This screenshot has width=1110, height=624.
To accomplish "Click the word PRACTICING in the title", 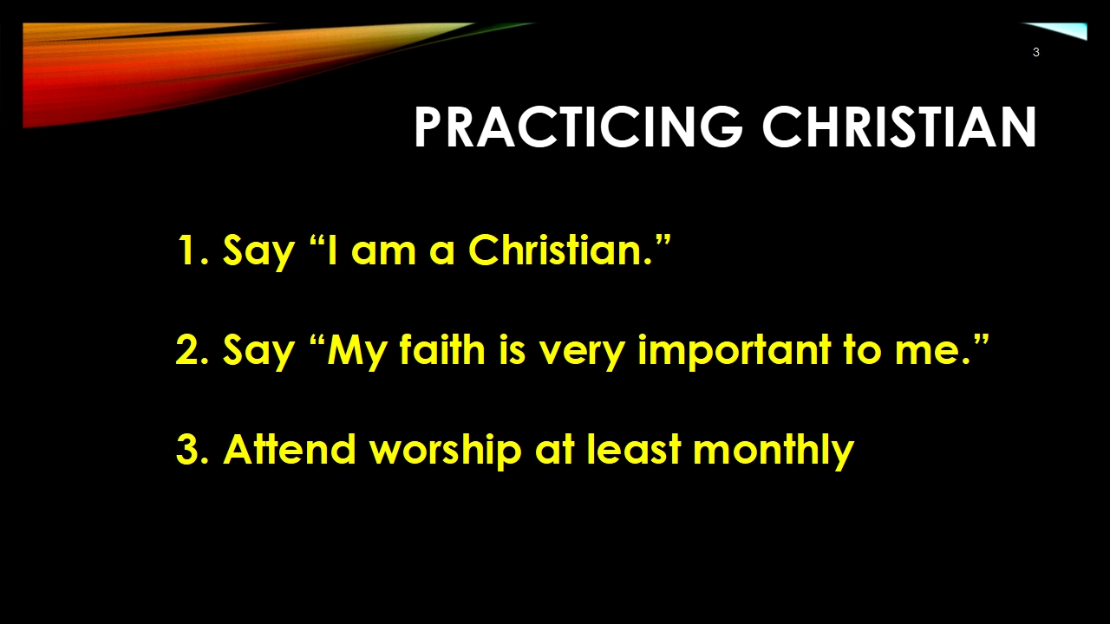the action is [x=578, y=127].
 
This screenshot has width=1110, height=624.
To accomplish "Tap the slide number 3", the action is [x=1035, y=52].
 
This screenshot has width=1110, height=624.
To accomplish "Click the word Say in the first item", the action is [x=258, y=252].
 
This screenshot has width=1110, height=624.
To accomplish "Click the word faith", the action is [x=442, y=348].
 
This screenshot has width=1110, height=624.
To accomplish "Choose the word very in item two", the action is [x=581, y=354].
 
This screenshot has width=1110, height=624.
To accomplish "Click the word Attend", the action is [x=290, y=449].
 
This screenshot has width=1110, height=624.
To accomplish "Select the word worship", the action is [x=446, y=452].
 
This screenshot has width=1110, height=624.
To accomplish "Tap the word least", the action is [x=634, y=449].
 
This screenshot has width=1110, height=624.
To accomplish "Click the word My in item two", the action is [x=356, y=353].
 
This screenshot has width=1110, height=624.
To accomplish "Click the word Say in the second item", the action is [x=258, y=353].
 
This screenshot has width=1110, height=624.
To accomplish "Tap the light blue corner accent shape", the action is [x=1066, y=29].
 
